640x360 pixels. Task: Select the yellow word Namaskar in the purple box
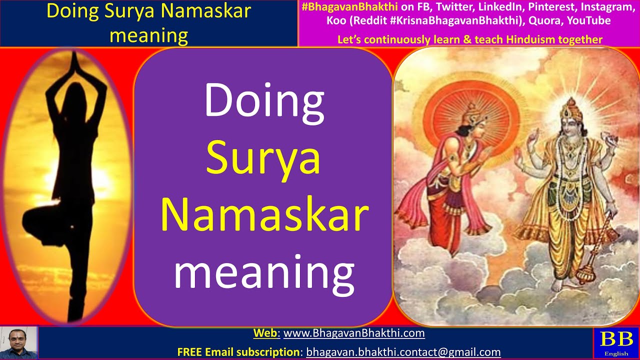pyautogui.click(x=264, y=215)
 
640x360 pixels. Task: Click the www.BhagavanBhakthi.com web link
pyautogui.click(x=354, y=333)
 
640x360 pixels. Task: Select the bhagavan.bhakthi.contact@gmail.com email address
pyautogui.click(x=403, y=352)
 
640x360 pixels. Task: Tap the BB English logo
pyautogui.click(x=616, y=343)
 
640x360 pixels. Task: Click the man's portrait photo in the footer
pyautogui.click(x=19, y=343)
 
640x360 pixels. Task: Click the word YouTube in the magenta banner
pyautogui.click(x=588, y=20)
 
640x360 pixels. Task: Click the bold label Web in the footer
pyautogui.click(x=265, y=333)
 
